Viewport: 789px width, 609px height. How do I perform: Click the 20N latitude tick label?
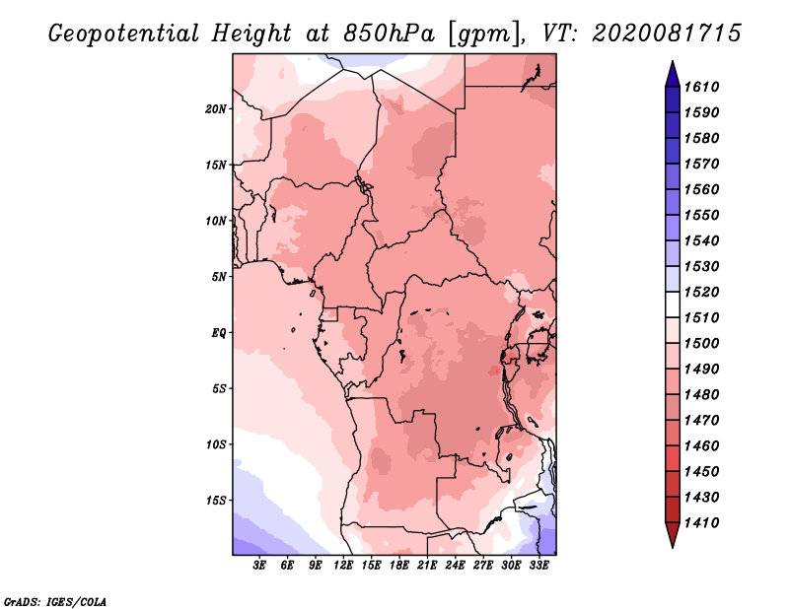click(x=217, y=108)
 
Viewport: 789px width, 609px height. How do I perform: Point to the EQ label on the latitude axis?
click(x=219, y=332)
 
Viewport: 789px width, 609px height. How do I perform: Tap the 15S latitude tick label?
click(x=217, y=500)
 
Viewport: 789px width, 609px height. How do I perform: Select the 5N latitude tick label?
click(x=220, y=276)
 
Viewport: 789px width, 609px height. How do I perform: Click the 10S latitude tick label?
click(x=217, y=443)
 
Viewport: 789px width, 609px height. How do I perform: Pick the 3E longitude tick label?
click(x=260, y=567)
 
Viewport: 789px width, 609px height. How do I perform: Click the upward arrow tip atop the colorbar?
click(x=671, y=64)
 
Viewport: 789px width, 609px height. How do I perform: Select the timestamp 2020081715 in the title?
click(x=667, y=33)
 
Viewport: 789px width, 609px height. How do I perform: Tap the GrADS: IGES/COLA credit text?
click(x=55, y=600)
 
